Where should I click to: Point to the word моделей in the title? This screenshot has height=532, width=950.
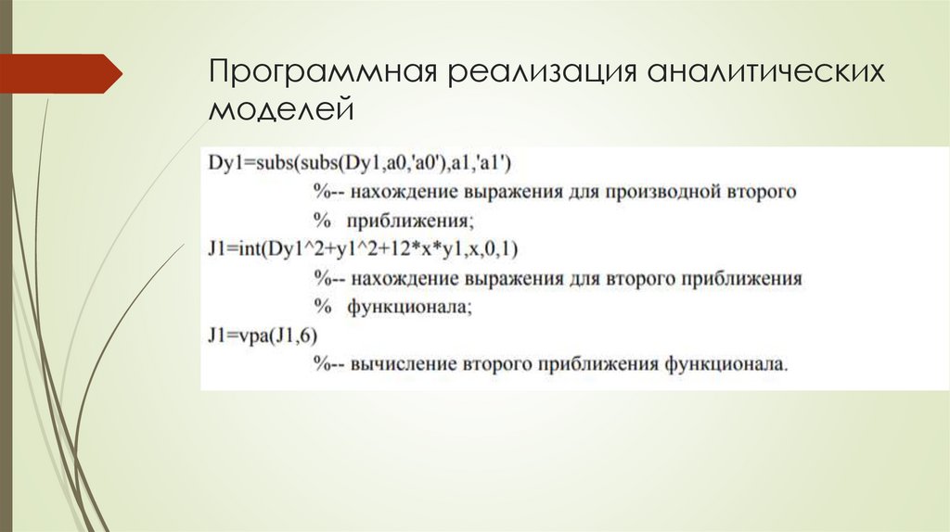281,110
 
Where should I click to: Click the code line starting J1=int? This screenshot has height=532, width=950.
364,249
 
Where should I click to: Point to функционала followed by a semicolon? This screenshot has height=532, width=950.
410,307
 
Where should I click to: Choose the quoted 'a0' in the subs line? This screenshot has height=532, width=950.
431,164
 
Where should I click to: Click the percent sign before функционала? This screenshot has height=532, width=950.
322,307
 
